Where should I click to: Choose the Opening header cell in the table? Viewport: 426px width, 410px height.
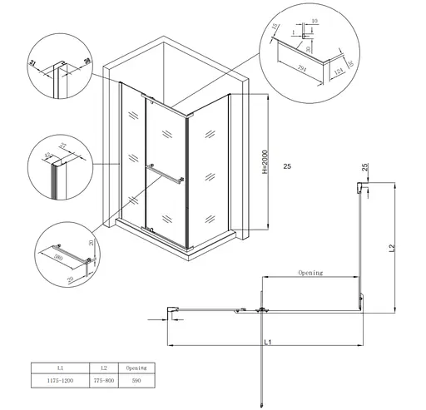136,367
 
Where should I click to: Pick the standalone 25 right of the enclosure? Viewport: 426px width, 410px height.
287,168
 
